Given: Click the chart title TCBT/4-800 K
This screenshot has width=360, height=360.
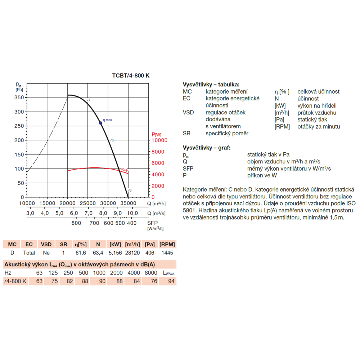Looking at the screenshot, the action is pos(131,76).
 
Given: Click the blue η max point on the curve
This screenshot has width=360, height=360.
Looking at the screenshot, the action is pos(100,123).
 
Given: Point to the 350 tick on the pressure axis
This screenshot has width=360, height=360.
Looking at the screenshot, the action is pos(19,97).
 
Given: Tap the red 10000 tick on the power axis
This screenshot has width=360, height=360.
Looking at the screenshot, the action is pos(159,140).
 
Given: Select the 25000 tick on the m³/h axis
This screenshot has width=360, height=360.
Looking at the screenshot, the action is pos(88,203).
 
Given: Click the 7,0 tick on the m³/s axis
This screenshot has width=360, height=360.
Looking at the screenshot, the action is pos(89,213).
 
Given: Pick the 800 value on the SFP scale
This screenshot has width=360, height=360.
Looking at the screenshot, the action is pos(76,223).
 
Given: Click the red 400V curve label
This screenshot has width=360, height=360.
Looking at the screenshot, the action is pos(125,170).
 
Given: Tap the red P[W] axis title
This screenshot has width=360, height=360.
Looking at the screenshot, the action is pos(156,135).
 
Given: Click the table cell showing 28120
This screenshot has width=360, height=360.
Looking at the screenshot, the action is pos(132,253).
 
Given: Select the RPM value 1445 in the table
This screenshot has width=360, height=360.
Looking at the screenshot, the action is pos(167,253).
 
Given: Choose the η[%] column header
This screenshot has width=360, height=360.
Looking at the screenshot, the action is pos(81,244).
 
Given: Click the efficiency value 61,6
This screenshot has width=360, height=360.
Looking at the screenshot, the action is pos(81,253).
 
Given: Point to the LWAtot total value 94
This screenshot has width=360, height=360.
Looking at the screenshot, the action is pos(171,281).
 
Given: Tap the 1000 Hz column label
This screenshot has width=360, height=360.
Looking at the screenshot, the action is pos(99,273).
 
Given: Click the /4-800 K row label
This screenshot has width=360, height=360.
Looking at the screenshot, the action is pos(15,281).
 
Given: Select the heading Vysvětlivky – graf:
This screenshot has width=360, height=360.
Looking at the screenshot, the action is pos(206,148).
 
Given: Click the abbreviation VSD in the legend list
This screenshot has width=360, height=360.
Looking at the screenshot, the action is pos(188,112).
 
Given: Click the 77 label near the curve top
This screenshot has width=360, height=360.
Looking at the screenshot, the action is pos(89,100).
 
